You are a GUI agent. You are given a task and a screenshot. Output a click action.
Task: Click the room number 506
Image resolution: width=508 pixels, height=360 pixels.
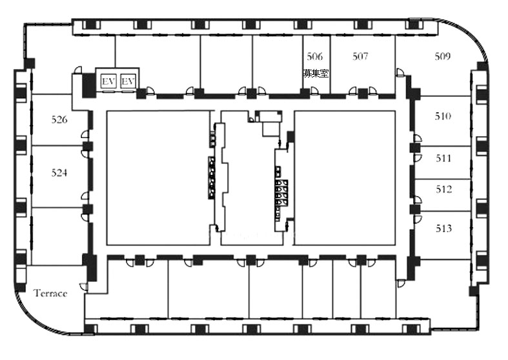tap(315, 57)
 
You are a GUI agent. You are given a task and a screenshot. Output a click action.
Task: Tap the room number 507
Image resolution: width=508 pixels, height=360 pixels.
tap(360, 57)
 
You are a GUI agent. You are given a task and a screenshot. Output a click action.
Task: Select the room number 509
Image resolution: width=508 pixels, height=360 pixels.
tap(443, 57)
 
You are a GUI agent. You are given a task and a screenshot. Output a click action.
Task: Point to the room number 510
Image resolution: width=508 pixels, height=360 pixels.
tap(443, 116)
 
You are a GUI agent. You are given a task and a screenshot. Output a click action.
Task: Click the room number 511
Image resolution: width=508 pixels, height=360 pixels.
tap(443, 158)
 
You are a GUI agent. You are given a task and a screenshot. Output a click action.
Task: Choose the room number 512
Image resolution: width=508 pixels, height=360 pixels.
tap(444, 189)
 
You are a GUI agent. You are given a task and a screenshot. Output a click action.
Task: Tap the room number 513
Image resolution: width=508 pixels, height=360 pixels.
tap(444, 228)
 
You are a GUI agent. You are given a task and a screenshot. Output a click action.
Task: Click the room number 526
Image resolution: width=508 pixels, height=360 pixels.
tap(59, 120)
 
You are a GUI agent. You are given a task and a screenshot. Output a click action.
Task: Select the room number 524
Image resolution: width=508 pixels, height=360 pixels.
tap(59, 173)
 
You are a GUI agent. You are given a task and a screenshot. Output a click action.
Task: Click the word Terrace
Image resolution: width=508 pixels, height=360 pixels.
tap(50, 294)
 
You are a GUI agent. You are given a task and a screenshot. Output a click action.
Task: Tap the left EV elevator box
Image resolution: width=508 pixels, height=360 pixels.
tap(108, 81)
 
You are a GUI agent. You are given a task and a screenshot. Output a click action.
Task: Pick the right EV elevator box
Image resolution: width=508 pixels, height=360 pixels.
tap(128, 81)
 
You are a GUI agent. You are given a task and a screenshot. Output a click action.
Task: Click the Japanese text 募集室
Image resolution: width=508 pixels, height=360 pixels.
tap(316, 74)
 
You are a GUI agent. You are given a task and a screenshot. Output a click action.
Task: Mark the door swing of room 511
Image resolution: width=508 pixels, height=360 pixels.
tap(418, 158)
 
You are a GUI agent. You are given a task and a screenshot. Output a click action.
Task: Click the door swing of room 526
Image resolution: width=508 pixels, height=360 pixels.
tap(85, 134)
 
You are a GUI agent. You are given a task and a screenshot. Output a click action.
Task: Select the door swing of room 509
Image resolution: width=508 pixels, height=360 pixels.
tap(400, 72)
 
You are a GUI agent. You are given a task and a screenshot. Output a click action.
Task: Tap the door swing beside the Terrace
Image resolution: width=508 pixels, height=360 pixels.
tap(83, 286)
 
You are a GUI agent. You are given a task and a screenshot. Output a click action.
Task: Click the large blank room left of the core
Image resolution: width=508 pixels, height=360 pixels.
tap(157, 177)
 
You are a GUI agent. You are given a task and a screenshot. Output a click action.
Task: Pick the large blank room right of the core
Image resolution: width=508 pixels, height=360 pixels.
tap(345, 177)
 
